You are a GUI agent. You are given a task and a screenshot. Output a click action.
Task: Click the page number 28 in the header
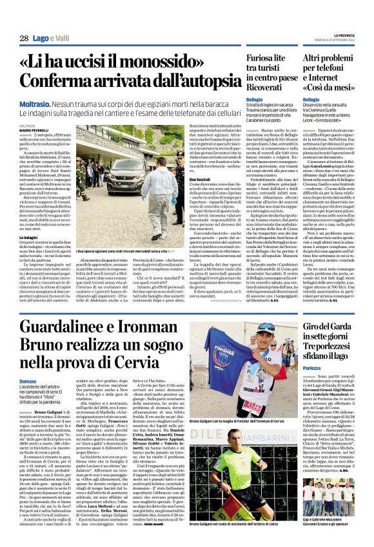tap(23, 39)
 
